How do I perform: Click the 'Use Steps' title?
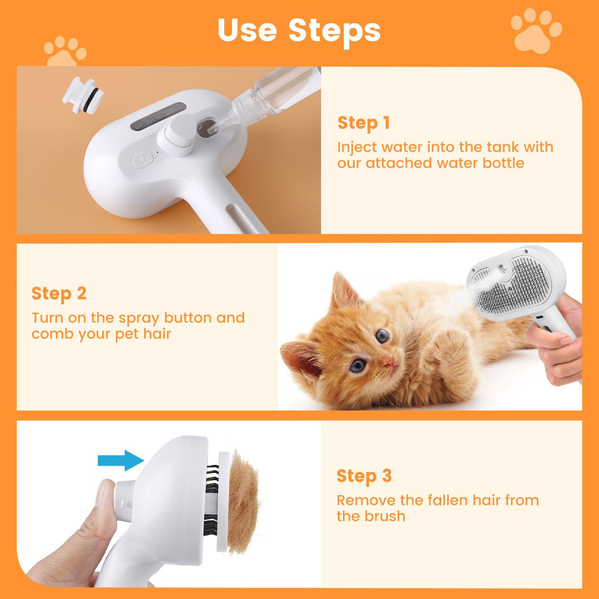click(x=299, y=30)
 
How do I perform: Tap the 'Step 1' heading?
click(x=363, y=123)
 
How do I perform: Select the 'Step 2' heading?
click(x=59, y=293)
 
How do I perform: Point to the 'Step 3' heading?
click(x=364, y=476)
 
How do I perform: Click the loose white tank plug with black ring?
click(x=83, y=95)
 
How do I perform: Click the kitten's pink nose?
click(x=390, y=361)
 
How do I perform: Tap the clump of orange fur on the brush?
click(x=242, y=502)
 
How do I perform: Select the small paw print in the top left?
click(x=65, y=52)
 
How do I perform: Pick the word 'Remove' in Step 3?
click(x=366, y=500)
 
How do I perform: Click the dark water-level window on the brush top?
click(x=158, y=116)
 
